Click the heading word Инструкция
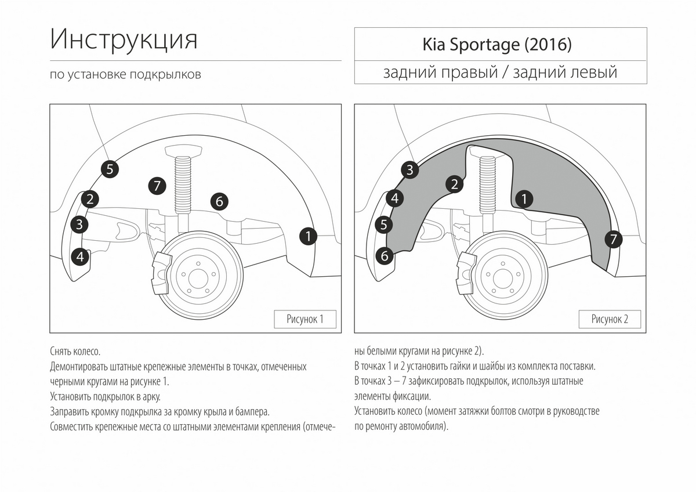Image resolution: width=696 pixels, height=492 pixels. pos(124,39)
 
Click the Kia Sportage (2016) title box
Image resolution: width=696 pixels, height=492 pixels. pos(500,45)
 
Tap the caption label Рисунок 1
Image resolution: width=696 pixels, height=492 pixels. pos(305,319)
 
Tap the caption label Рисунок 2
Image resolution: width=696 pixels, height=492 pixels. pos(610,319)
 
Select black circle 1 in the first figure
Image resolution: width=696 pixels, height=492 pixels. pos(309,236)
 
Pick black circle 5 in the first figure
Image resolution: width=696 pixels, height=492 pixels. pos(110,169)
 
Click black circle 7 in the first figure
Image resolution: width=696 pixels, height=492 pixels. pos(157,186)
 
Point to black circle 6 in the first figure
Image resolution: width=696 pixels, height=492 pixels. pos(219,201)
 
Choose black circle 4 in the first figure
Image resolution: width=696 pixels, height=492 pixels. pos(80,255)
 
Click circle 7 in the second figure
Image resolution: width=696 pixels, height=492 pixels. pos(613,239)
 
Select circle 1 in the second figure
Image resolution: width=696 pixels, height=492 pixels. pos(524,199)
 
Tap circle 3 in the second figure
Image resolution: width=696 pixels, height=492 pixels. pos(409,169)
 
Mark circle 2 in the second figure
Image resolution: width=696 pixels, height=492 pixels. pos(455,184)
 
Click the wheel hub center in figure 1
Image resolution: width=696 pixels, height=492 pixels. pos(197,277)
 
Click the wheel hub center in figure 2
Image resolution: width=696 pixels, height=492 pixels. pos(502,277)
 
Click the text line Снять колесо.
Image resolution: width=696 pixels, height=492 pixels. pos(75,352)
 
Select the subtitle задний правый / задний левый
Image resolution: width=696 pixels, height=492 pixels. pos(500,73)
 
